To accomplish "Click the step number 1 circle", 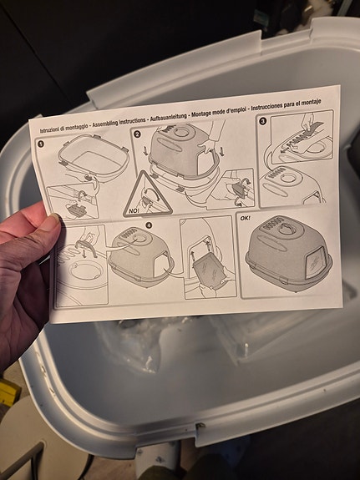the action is (x=41, y=144).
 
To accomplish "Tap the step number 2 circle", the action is (x=137, y=134).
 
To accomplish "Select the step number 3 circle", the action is (x=262, y=121).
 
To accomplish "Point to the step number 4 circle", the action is (x=149, y=225).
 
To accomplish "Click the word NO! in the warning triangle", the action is (x=134, y=210).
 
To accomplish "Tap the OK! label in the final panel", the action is (x=245, y=218).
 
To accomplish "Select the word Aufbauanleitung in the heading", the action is (x=169, y=117).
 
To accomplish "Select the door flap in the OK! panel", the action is (x=315, y=263).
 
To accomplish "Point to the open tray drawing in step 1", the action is (x=94, y=160).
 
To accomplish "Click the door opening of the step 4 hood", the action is (x=162, y=265).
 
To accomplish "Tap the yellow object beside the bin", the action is (x=8, y=392).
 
